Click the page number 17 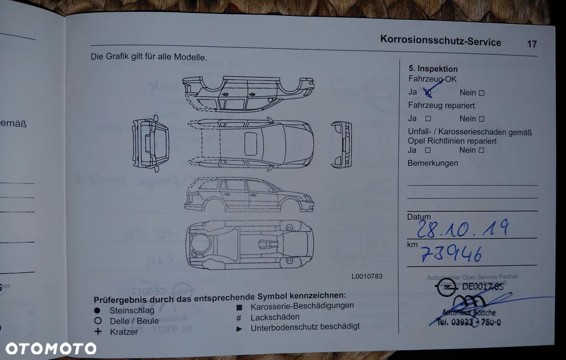(x=531, y=44)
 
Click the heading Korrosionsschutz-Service (x=440, y=41)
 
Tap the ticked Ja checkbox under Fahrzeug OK (x=428, y=92)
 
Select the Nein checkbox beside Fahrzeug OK (x=482, y=93)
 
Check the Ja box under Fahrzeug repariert (x=428, y=119)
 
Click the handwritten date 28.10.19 (x=462, y=228)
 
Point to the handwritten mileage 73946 (x=451, y=254)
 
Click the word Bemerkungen (x=432, y=163)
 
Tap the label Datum (x=418, y=217)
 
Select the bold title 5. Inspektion (x=433, y=69)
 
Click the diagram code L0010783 (x=367, y=276)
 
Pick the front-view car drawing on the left (x=151, y=143)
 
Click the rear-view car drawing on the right (x=341, y=144)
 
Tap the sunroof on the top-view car (x=251, y=143)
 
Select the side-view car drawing (x=249, y=194)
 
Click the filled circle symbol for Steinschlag (x=97, y=311)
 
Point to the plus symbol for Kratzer (x=97, y=331)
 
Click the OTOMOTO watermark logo (x=51, y=348)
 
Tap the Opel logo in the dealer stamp (x=446, y=288)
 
